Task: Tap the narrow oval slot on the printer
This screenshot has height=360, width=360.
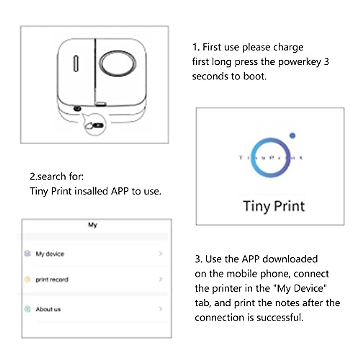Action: coord(76,64)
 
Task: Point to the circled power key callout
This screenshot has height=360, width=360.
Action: coord(95,125)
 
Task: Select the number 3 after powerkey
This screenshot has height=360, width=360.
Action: coord(326,62)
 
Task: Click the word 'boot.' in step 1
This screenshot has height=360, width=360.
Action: coord(255,76)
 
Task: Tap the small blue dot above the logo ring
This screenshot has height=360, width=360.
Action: coord(292,136)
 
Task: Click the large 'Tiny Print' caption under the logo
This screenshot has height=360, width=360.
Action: coord(274,206)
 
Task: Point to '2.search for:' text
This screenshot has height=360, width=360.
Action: coord(57,176)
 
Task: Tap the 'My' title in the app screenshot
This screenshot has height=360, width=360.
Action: coord(93,225)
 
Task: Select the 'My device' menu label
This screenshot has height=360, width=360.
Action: coord(50,254)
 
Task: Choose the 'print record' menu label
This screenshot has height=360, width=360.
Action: coord(52,280)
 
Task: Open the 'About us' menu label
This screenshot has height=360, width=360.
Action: coord(48,309)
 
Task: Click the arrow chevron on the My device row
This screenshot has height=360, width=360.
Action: coord(160,253)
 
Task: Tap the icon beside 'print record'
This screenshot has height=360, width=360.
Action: coord(28,280)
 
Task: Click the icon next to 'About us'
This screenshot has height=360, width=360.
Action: coord(28,309)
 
